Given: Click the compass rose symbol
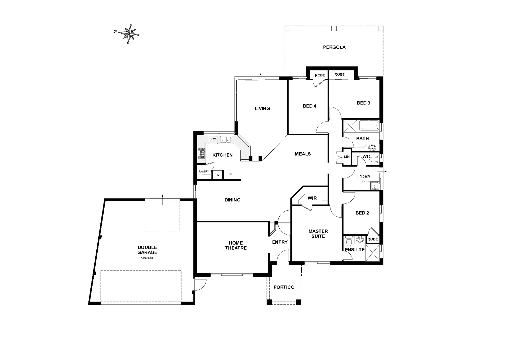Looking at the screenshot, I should click(x=129, y=33).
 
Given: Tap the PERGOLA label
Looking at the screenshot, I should click(x=334, y=47).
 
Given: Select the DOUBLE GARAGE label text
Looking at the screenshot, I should click(x=147, y=250).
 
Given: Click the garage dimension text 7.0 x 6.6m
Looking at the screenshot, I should click(x=147, y=258).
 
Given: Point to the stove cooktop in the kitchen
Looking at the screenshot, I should click(x=201, y=154).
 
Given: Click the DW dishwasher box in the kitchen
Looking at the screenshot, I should click(x=213, y=139).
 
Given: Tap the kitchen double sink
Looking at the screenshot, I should click(x=226, y=139).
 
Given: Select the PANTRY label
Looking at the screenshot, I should click(x=204, y=172).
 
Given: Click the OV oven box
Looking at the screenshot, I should click(x=218, y=175).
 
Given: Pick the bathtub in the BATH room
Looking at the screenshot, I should click(x=369, y=126).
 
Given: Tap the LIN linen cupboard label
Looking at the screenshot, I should click(x=347, y=156).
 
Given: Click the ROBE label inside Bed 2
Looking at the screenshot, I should click(x=373, y=239).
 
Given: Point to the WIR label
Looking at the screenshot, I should click(x=312, y=198).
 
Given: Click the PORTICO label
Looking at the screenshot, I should click(x=284, y=287).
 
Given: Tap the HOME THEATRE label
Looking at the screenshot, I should click(x=236, y=245).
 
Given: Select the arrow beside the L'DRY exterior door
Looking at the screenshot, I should click(x=385, y=172).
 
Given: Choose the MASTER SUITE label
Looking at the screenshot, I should click(x=318, y=233).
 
